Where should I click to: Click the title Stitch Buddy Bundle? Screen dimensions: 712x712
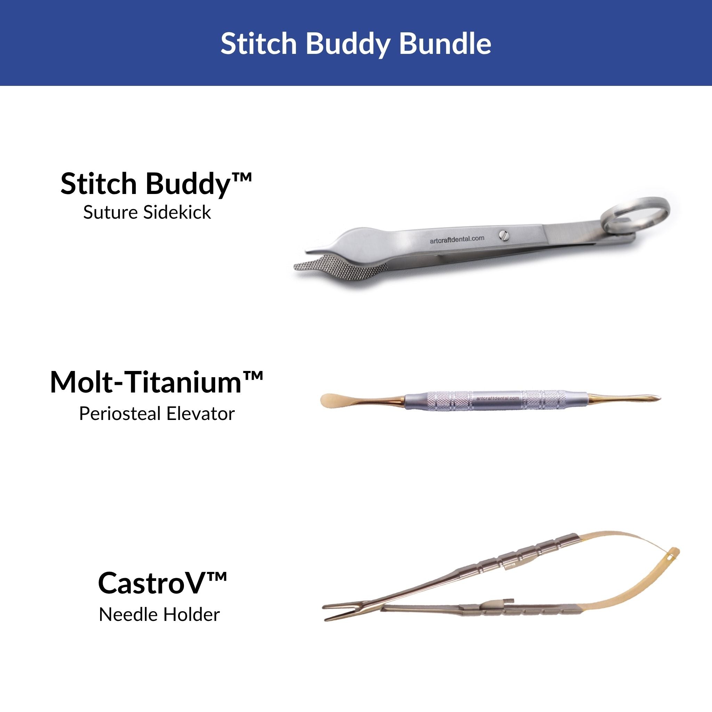coord(356,44)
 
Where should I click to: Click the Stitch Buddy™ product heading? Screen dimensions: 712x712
coord(156,184)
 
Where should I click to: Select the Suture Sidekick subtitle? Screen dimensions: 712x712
coord(147,213)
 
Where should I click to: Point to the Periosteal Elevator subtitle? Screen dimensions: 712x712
coord(157,414)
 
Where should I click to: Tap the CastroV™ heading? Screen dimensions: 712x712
coord(162,583)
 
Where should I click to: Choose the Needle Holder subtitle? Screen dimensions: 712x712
coord(159,615)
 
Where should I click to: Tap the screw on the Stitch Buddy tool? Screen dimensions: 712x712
coord(504,236)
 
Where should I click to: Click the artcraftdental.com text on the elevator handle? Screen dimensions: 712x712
coord(497,398)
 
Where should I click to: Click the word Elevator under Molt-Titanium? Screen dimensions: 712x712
coord(200,414)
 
